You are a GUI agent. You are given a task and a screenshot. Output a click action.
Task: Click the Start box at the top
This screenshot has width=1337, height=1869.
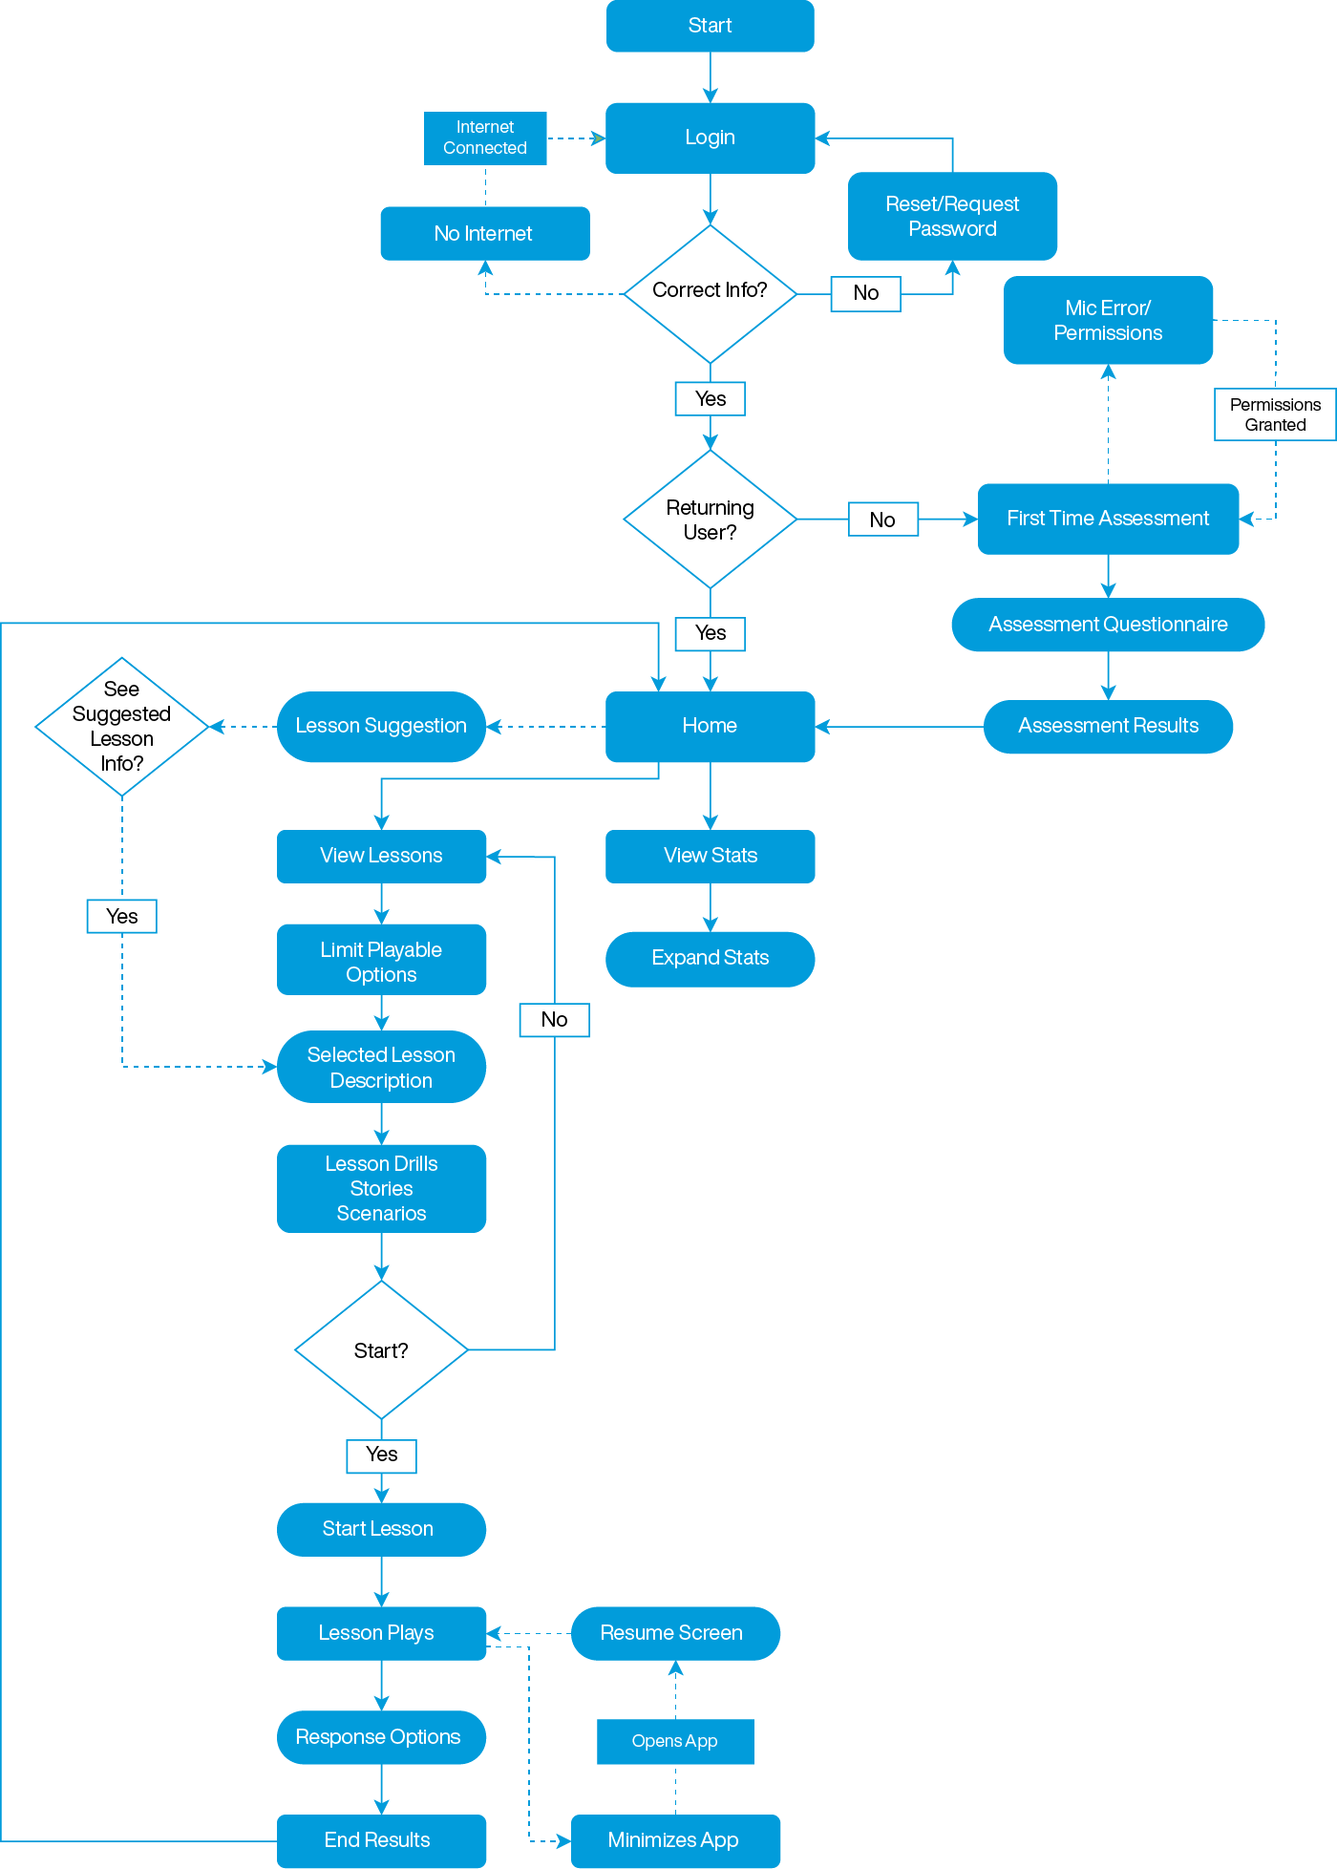point(710,26)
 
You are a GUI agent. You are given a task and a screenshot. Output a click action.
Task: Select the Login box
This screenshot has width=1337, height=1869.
point(710,138)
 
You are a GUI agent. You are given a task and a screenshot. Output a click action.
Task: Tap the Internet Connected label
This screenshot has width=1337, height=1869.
point(485,138)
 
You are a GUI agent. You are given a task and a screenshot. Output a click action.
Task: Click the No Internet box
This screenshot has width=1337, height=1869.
point(484,233)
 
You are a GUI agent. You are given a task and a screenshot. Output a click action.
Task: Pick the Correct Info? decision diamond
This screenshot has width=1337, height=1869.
point(710,293)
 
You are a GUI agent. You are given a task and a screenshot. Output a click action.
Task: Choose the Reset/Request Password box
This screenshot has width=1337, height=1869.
point(952,217)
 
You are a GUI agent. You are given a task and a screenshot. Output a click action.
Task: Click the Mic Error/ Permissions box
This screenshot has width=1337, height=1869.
point(1108,320)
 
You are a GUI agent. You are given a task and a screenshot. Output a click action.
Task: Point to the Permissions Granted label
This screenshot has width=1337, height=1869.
point(1275,414)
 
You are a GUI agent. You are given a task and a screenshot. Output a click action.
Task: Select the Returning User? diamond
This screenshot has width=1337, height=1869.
point(710,520)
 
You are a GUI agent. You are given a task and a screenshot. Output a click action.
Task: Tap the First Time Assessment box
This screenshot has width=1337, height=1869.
point(1108,519)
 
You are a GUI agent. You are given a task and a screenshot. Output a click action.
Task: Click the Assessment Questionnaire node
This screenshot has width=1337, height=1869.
point(1108,625)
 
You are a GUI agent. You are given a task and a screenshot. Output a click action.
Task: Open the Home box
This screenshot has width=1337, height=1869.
point(710,726)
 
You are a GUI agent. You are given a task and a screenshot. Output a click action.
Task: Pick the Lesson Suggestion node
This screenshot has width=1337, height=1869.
point(381,726)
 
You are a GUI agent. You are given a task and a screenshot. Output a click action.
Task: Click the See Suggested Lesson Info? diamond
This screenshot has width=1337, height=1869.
point(121,726)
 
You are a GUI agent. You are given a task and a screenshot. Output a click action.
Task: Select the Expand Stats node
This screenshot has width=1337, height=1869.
point(710,958)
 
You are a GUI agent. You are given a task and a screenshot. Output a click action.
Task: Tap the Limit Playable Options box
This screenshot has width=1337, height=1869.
point(381,961)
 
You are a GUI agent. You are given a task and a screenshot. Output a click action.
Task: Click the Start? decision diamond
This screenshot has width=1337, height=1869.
point(381,1349)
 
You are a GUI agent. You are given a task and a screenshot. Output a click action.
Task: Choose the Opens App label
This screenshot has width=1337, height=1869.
point(675,1741)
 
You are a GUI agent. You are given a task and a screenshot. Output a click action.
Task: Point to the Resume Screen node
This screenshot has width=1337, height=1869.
point(675,1633)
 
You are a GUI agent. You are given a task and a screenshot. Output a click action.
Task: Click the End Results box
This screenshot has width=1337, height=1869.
point(381,1840)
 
